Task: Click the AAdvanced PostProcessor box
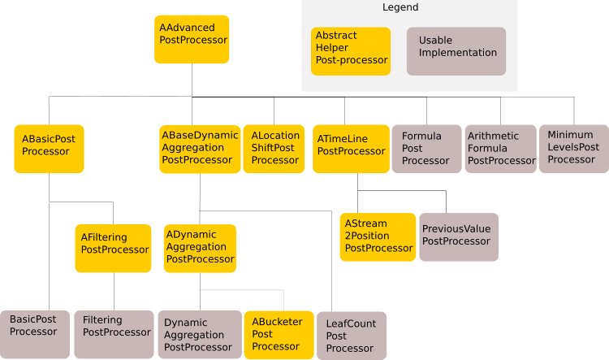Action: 192,39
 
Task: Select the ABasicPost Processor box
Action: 49,149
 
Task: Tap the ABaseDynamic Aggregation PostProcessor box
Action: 200,149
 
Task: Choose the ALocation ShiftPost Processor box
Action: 274,149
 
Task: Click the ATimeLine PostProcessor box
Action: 351,149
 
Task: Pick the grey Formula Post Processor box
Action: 425,149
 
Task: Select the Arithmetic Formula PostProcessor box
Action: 500,149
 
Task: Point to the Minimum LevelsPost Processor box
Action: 573,149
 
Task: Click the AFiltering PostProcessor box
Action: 114,248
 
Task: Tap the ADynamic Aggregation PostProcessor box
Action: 200,248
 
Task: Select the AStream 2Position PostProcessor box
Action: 378,236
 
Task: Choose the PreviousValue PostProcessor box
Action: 459,236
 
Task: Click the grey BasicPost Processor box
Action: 35,334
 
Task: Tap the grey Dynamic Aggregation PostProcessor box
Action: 198,334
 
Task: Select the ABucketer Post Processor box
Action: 278,334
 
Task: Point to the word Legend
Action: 400,7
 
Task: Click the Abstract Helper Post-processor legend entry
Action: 351,50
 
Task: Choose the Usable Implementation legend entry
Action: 456,50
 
